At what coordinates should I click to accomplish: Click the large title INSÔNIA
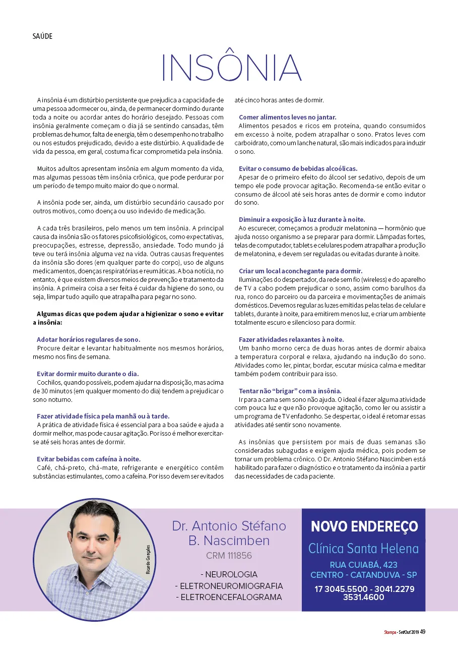[x=231, y=67]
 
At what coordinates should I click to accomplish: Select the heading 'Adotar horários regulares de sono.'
[x=89, y=340]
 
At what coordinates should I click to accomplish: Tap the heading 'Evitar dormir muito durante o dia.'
[x=88, y=374]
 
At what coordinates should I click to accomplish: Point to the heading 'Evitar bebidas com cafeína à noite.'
[x=89, y=459]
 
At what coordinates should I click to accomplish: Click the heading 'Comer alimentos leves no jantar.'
[x=287, y=117]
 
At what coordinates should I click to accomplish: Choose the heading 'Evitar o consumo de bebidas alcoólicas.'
[x=298, y=168]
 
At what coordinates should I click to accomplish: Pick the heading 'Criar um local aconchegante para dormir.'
[x=300, y=271]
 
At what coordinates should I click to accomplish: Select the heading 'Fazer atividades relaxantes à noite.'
[x=291, y=340]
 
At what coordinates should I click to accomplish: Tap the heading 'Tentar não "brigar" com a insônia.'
[x=290, y=391]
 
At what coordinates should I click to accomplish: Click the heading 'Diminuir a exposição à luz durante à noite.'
[x=302, y=219]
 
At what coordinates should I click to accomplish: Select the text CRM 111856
[x=229, y=556]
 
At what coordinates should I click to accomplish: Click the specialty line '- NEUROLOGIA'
[x=229, y=574]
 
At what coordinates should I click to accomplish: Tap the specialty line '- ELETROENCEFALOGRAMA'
[x=229, y=597]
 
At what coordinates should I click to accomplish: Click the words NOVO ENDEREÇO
[x=364, y=526]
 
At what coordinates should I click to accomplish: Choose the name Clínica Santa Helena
[x=363, y=548]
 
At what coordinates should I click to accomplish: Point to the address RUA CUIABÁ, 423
[x=363, y=564]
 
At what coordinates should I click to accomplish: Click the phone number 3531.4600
[x=363, y=598]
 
